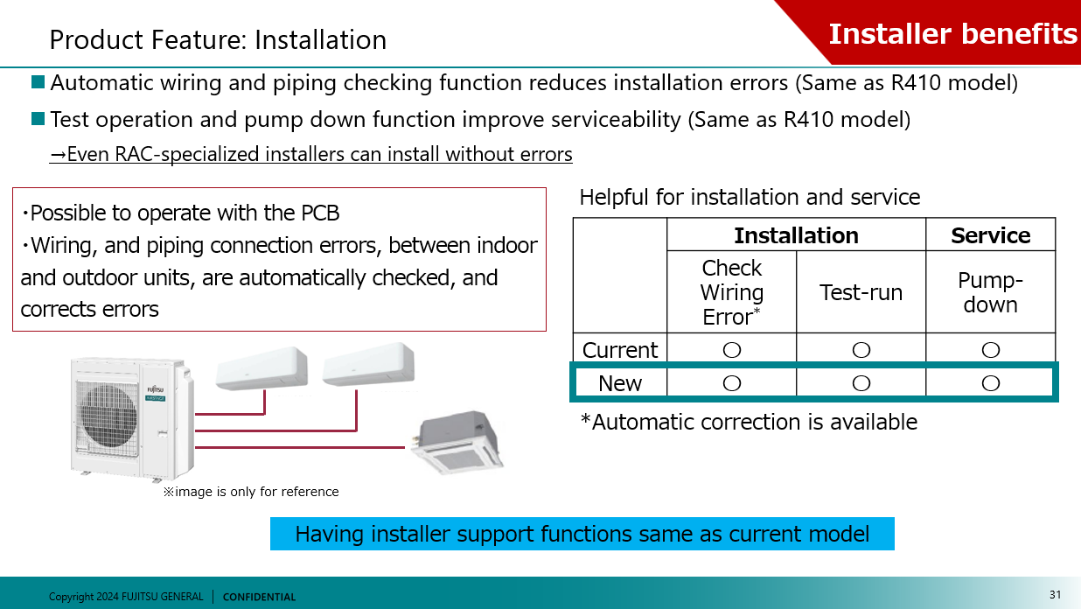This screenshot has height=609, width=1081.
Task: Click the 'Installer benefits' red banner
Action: [952, 33]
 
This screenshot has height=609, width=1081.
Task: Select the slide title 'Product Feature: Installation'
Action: [218, 40]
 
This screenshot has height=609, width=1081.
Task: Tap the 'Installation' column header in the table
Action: [796, 235]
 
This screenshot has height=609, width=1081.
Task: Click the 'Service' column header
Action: [990, 235]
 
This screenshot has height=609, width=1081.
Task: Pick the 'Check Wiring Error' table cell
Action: [732, 292]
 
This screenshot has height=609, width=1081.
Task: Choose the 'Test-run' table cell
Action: [861, 292]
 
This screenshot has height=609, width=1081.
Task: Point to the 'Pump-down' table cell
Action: [990, 292]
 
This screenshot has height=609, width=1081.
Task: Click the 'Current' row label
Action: [620, 350]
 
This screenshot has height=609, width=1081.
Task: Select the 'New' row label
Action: [620, 383]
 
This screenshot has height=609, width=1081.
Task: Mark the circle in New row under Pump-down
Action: [990, 383]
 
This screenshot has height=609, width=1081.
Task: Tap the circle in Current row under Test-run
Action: [861, 350]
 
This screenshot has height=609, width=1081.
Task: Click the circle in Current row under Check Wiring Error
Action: [732, 350]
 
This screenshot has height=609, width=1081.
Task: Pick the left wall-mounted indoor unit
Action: [262, 368]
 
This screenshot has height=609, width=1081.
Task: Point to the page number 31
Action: [1055, 595]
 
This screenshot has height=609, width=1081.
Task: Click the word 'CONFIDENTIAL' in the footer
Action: [259, 597]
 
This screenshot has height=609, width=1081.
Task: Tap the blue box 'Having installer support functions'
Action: [582, 534]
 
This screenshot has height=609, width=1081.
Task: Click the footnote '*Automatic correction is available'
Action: [749, 422]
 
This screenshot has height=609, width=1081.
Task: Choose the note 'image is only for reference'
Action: [251, 492]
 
